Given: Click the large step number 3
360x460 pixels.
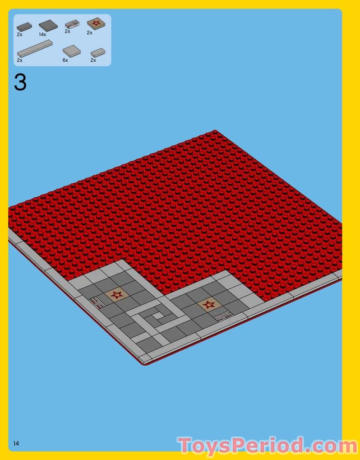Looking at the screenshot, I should coord(20,83).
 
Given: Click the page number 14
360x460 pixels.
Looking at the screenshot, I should coord(16,444).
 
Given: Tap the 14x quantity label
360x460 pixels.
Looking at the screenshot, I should coord(43,34).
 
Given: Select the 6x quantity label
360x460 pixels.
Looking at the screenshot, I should coord(65,60).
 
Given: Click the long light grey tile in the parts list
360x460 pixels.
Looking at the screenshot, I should coord(35,48).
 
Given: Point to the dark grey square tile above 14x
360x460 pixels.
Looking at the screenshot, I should coord(48,26).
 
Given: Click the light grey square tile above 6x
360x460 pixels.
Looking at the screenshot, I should coord(72,51).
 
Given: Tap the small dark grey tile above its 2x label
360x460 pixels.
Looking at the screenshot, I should coord(24,27).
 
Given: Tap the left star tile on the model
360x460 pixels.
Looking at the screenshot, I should coord(117,295).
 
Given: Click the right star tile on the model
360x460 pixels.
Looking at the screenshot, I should coord(209,305).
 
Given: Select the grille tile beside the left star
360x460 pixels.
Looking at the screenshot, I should coord(97,302).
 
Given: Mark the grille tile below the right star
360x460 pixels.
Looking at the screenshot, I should coord(223,316).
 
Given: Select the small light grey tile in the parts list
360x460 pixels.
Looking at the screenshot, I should coord(97,52).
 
